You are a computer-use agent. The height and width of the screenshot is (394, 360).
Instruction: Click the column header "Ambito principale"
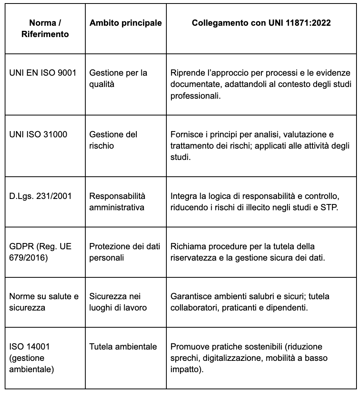[125, 23]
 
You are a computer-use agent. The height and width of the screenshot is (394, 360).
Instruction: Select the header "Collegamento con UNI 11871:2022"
[261, 23]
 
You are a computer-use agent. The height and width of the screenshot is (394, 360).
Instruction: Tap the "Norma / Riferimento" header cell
[45, 28]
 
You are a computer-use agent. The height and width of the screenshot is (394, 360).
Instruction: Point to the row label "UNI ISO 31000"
[38, 135]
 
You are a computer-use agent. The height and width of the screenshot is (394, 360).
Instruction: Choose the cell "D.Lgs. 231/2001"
[40, 196]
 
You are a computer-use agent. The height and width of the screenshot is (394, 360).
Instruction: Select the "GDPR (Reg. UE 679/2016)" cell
[40, 252]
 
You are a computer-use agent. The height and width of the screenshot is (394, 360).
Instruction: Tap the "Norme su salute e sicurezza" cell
[44, 302]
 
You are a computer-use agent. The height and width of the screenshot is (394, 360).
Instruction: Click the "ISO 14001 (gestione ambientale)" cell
[31, 358]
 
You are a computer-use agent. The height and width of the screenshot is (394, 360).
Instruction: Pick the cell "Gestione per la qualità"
[118, 78]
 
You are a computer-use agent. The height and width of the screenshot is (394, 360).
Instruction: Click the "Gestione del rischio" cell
[113, 140]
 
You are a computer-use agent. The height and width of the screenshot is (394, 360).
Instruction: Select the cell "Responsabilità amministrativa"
[117, 202]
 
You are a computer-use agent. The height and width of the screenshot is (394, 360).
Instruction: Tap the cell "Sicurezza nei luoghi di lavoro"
[118, 302]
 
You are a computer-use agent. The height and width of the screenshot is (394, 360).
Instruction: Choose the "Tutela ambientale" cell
[123, 347]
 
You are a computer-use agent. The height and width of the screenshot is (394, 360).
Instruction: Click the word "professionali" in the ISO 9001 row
[196, 95]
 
